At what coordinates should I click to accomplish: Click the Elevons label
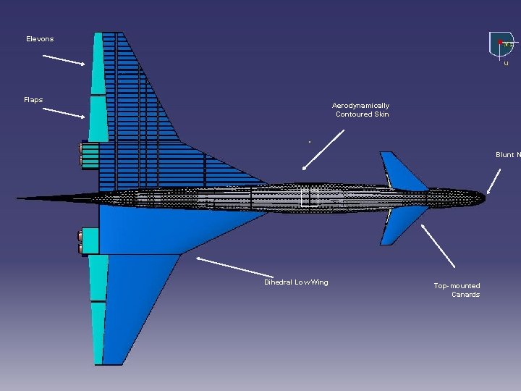40,38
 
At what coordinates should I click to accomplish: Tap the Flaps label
33,99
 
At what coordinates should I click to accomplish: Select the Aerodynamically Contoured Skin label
362,110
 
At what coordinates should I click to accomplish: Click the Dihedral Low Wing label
296,282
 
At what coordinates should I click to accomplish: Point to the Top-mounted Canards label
457,290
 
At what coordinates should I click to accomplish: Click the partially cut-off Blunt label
507,155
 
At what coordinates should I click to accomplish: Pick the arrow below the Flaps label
64,112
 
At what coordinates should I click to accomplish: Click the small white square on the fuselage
309,198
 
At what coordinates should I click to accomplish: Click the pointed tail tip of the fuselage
20,198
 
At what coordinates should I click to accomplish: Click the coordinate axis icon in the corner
503,45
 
